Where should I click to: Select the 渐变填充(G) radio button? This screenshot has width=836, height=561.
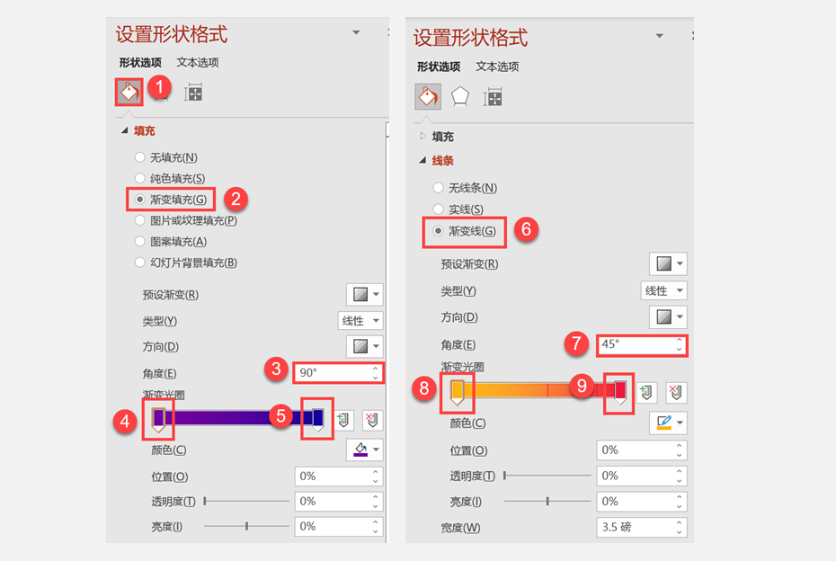139,200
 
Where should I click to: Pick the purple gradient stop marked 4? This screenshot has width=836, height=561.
158,420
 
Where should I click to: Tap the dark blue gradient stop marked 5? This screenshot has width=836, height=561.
317,420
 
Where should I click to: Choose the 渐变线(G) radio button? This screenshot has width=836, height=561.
439,231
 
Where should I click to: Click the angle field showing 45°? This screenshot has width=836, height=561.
642,345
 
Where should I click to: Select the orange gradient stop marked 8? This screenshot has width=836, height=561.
457,392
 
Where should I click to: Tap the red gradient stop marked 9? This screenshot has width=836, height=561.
620,392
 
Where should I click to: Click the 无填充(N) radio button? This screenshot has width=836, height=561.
139,157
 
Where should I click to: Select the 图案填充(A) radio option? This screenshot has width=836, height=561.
139,242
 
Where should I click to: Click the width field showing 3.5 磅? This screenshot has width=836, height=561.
642,527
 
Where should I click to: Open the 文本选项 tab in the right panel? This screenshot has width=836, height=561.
497,67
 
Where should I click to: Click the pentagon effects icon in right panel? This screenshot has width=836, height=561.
460,97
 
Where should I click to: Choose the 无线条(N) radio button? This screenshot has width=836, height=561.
439,188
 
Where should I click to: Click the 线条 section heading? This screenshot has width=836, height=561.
442,161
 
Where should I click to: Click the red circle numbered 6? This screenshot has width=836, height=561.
526,229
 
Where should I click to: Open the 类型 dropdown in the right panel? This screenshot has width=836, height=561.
663,290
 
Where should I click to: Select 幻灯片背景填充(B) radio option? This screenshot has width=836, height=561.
139,263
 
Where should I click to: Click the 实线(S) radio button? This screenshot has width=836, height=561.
439,209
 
